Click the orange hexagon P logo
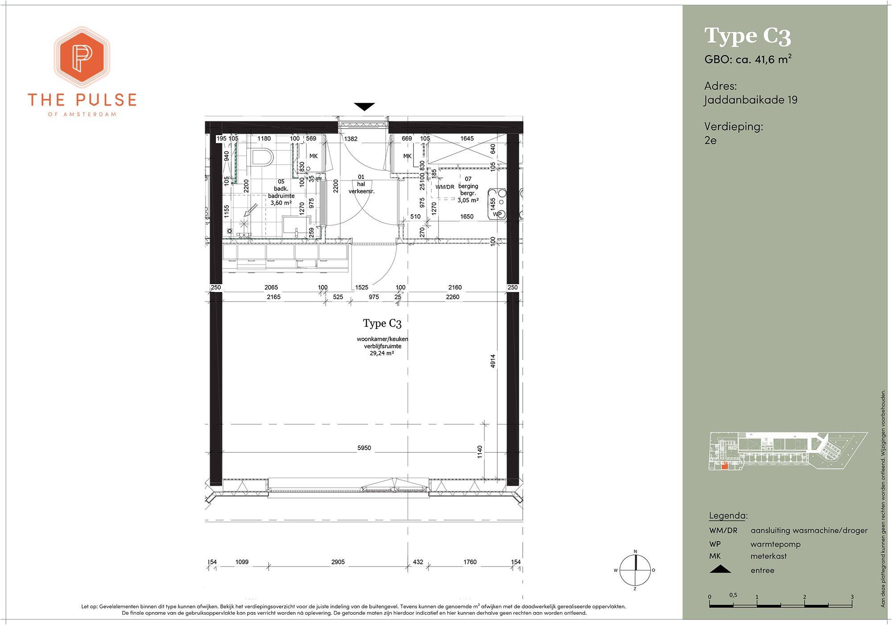[82, 57]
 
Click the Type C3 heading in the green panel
[747, 36]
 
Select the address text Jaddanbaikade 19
[751, 99]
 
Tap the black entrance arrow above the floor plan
[364, 107]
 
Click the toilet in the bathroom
[262, 157]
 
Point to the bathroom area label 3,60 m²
[281, 203]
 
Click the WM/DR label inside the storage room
[445, 187]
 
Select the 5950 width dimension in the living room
[364, 448]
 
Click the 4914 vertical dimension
[493, 362]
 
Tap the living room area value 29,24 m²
[382, 353]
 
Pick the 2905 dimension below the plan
[338, 562]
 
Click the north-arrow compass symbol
[635, 570]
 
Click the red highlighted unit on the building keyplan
[725, 466]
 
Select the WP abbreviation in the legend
[715, 544]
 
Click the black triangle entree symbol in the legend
[720, 569]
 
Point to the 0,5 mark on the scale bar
[733, 595]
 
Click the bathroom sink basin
[296, 226]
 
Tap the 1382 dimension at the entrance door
[351, 139]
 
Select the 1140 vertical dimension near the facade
[480, 451]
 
